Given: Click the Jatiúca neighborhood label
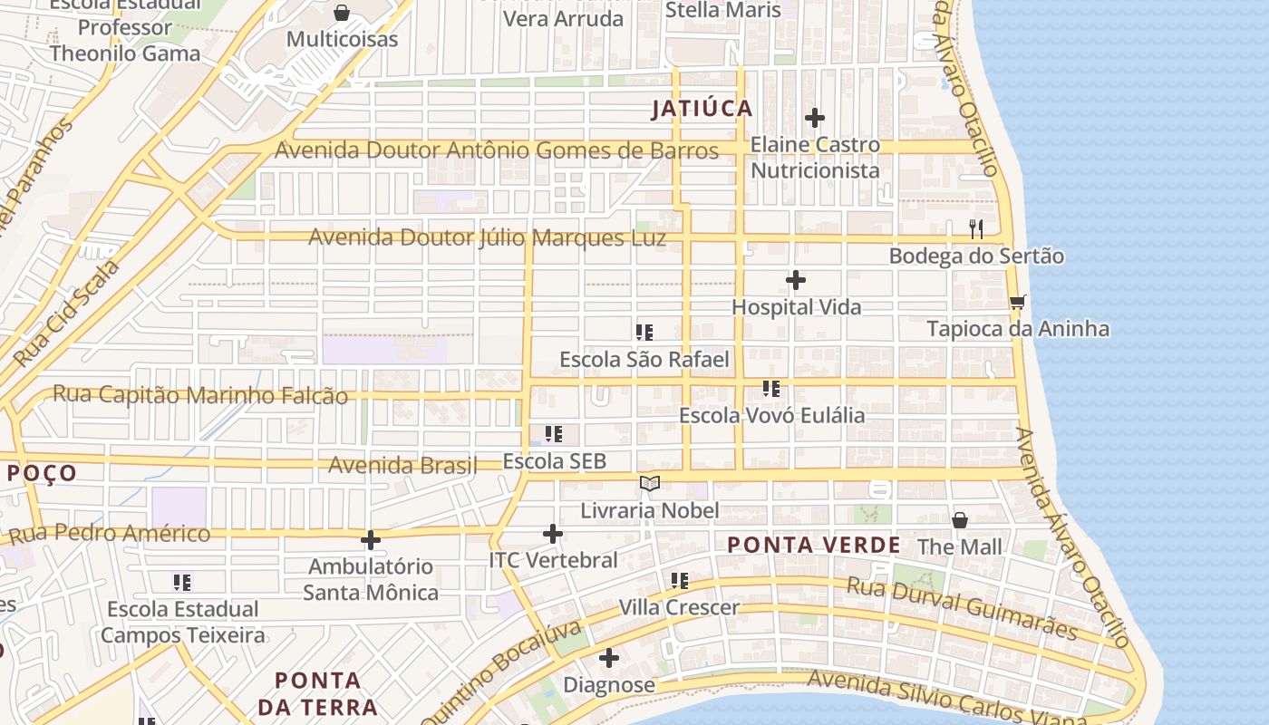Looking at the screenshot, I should [x=702, y=109].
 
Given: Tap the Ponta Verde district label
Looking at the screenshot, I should [x=814, y=545].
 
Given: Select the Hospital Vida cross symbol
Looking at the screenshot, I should [x=796, y=280].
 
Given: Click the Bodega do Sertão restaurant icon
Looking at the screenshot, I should [x=976, y=228].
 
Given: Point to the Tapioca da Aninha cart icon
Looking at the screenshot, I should [x=1017, y=302].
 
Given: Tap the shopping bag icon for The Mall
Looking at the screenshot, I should [x=960, y=520].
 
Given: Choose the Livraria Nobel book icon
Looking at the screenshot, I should [x=649, y=483].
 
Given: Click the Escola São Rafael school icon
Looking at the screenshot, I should [x=644, y=333].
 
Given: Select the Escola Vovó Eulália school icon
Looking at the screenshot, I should [x=771, y=389].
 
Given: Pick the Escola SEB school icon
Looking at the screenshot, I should [x=554, y=434].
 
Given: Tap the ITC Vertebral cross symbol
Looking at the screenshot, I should [x=553, y=534].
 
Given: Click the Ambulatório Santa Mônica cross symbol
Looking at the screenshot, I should [x=371, y=540].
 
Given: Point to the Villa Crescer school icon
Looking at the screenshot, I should [x=679, y=580].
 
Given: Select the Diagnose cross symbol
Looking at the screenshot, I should [x=609, y=658].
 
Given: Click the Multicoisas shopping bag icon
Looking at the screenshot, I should [x=342, y=13].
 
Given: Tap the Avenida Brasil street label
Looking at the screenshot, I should [x=402, y=466].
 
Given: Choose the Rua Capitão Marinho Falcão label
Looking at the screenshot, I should [x=200, y=395].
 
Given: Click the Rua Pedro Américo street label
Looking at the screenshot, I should [x=110, y=534].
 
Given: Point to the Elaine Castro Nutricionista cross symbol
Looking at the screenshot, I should [x=815, y=118].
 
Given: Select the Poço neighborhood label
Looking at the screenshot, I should [x=42, y=473].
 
